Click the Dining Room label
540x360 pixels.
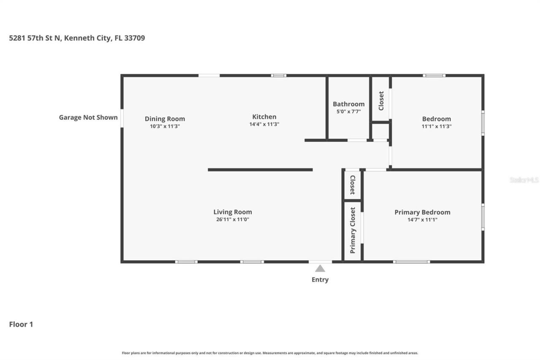coord(165,119)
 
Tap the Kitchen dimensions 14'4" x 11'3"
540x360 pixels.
coord(264,124)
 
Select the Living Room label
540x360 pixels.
coord(232,212)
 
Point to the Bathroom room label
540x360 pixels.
coord(348,104)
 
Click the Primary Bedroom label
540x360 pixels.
coord(422,212)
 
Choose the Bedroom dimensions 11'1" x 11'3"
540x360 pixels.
coord(436,126)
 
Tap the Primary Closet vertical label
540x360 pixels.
coord(353,230)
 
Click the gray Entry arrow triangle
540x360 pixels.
coord(320,268)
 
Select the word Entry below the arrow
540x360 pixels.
coord(320,279)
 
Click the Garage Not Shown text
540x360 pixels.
coord(88,117)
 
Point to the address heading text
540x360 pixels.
coord(77,38)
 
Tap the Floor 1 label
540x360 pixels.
coord(21,324)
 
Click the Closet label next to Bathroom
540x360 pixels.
coord(381,100)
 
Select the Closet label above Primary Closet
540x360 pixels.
coord(353,185)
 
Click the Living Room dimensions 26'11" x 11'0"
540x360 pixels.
coord(232,219)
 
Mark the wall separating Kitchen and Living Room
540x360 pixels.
coord(260,170)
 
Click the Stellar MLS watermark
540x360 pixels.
coord(524,180)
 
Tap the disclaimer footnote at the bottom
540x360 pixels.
coord(270,353)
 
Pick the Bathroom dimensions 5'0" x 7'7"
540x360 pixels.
coord(348,111)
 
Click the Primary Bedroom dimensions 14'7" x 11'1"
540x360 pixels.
coord(422,219)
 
